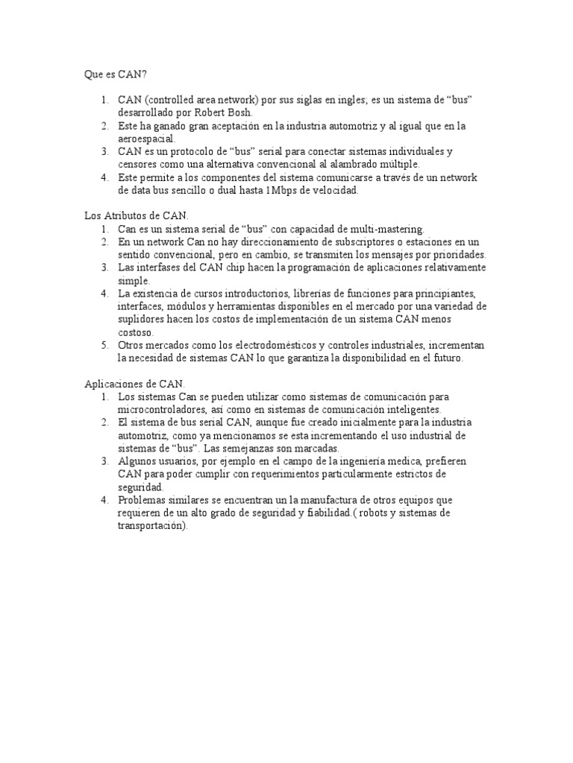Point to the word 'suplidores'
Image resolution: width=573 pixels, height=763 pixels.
140,319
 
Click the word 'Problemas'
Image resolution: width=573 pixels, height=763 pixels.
142,500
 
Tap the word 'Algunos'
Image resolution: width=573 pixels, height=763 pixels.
137,461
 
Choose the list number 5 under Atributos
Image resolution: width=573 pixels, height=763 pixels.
104,345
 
